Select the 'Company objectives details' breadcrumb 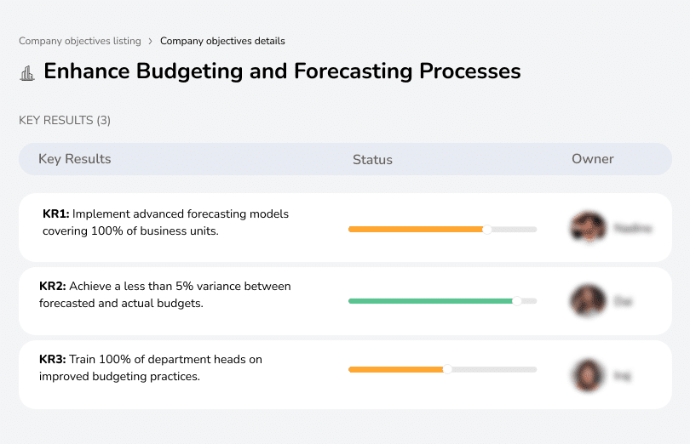pos(222,41)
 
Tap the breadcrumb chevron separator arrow pos(150,41)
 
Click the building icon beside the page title pos(27,73)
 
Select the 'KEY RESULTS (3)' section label pos(65,121)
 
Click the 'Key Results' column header pos(74,159)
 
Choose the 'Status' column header pos(372,159)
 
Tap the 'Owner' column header pos(593,159)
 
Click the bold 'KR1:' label pos(55,214)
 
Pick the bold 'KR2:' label pos(52,287)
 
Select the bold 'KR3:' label pos(52,360)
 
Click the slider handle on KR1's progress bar pos(487,229)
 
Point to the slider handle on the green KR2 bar pos(516,301)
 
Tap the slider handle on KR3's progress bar pos(447,369)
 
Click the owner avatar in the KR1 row pos(588,228)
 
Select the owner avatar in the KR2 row pos(588,301)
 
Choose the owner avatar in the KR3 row pos(588,374)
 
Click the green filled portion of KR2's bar pos(430,301)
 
